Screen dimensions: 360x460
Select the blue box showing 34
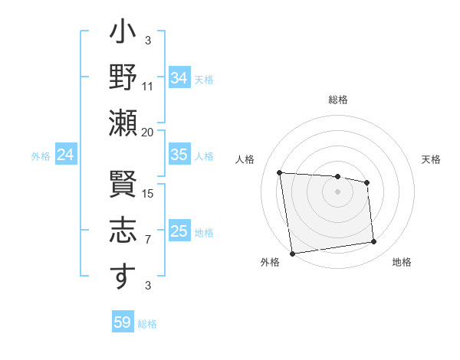pyautogui.click(x=179, y=77)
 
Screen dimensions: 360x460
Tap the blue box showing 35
pyautogui.click(x=179, y=155)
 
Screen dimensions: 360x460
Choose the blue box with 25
pyautogui.click(x=179, y=231)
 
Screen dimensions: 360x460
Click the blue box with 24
pyautogui.click(x=66, y=155)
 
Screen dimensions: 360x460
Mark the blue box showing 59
pyautogui.click(x=123, y=322)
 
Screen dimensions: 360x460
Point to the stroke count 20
pyautogui.click(x=148, y=133)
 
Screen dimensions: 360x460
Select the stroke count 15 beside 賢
pyautogui.click(x=148, y=193)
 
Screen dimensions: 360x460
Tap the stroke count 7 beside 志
pyautogui.click(x=148, y=240)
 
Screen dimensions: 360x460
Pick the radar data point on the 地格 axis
pyautogui.click(x=374, y=242)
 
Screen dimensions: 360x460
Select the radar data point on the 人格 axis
pyautogui.click(x=280, y=172)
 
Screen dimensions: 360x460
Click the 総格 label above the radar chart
pyautogui.click(x=338, y=100)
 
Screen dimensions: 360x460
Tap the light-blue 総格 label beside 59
pyautogui.click(x=148, y=324)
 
